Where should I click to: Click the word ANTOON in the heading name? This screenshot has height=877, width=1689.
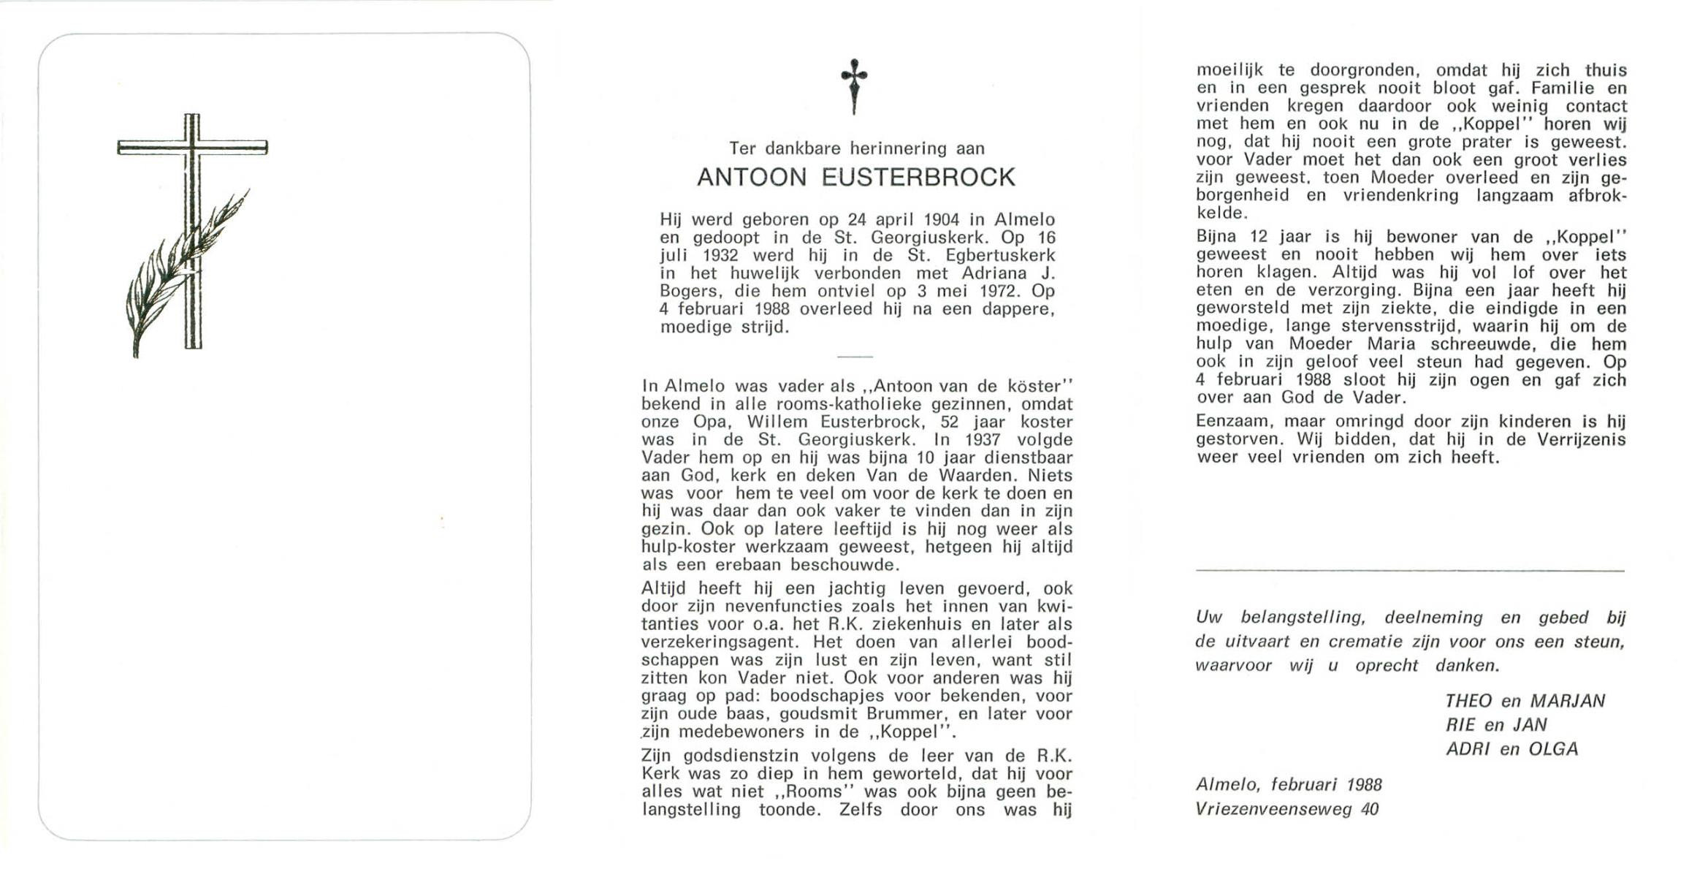(x=752, y=178)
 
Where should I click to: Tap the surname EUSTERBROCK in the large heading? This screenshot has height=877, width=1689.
(x=918, y=178)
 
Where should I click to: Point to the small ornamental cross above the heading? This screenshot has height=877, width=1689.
(x=854, y=86)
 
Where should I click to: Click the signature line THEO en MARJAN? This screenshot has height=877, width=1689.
(x=1525, y=701)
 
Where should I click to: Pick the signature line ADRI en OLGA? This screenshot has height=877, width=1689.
(x=1511, y=749)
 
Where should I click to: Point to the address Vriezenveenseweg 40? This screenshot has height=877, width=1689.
(x=1287, y=809)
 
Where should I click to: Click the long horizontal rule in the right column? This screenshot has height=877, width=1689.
(x=1410, y=571)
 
